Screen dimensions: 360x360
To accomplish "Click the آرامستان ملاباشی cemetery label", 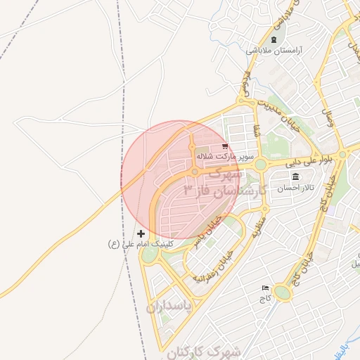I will [x=274, y=51].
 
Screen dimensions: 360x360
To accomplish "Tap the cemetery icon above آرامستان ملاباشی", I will [x=274, y=39].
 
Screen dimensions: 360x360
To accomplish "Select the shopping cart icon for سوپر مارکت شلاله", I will [x=224, y=146].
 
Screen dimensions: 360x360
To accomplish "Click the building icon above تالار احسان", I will [x=295, y=176].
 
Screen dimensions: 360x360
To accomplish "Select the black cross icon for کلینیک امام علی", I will [x=141, y=233].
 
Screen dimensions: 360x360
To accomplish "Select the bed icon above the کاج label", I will [x=265, y=288].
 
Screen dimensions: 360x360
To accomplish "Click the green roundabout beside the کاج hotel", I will [x=283, y=292].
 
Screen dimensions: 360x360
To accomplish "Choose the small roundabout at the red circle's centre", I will [x=195, y=172].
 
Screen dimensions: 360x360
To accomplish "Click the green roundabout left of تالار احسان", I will [x=261, y=165].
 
